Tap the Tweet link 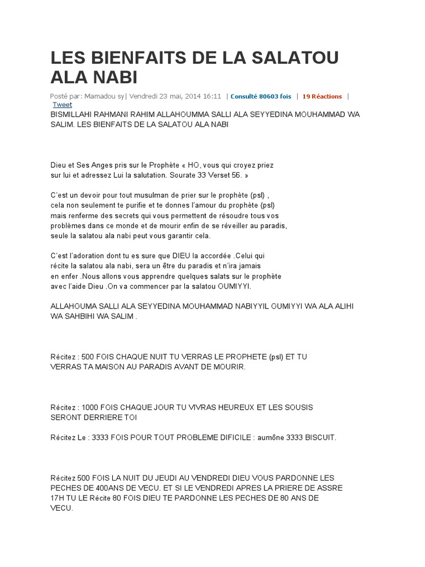pyautogui.click(x=62, y=104)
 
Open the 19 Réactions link pyautogui.click(x=322, y=96)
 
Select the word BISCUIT pyautogui.click(x=317, y=437)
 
